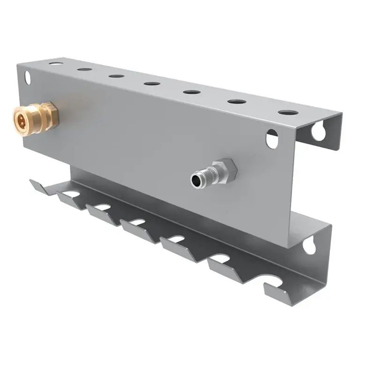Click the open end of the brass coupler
pos(22,117)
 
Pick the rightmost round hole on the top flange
pos(287,112)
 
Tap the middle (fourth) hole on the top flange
pos(152,84)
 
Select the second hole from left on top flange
pos(85,69)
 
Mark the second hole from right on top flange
pos(237,101)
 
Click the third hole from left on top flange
pos(116,76)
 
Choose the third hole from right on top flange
pos(192,92)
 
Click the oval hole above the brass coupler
pos(28,77)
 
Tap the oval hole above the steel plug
pos(272,139)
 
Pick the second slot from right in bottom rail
pos(220,258)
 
